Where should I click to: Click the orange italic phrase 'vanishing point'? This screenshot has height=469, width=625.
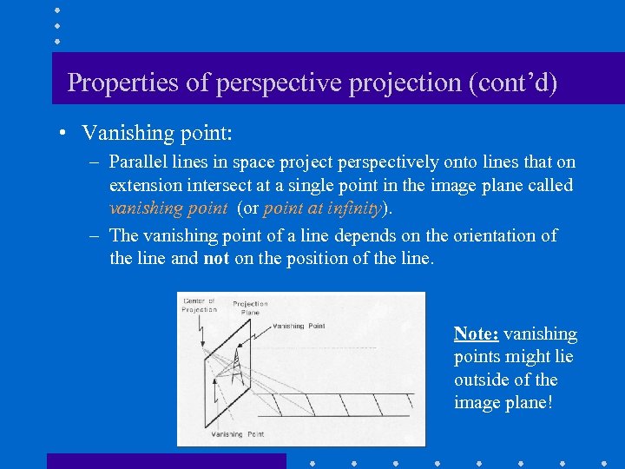[168, 208]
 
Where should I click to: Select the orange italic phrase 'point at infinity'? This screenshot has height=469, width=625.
[322, 208]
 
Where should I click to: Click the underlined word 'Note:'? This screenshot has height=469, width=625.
[476, 334]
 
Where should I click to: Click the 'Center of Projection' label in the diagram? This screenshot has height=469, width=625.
[200, 306]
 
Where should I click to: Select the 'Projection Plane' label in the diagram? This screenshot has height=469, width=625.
[250, 308]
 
